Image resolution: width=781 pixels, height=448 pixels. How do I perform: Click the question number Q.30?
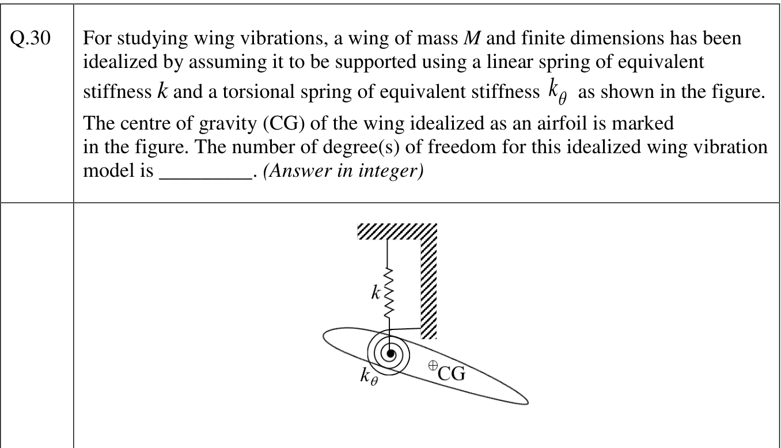[x=31, y=37]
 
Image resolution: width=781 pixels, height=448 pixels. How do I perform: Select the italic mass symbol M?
[x=472, y=37]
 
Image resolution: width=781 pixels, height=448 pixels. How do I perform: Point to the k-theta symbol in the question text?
[x=558, y=92]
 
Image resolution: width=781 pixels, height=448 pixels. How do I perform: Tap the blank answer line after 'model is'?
[x=206, y=179]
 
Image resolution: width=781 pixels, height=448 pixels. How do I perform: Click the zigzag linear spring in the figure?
[x=388, y=293]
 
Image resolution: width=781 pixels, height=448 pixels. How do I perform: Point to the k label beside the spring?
[x=376, y=293]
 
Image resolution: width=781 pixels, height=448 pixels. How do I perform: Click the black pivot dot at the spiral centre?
[x=390, y=354]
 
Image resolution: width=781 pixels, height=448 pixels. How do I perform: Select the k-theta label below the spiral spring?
[x=369, y=377]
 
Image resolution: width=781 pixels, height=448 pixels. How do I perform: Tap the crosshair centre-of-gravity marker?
[x=433, y=366]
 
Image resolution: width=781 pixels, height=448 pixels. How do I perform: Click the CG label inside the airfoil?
[x=452, y=373]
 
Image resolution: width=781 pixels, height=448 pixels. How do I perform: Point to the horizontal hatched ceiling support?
[x=397, y=231]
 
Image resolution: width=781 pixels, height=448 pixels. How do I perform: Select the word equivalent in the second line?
[x=661, y=62]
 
